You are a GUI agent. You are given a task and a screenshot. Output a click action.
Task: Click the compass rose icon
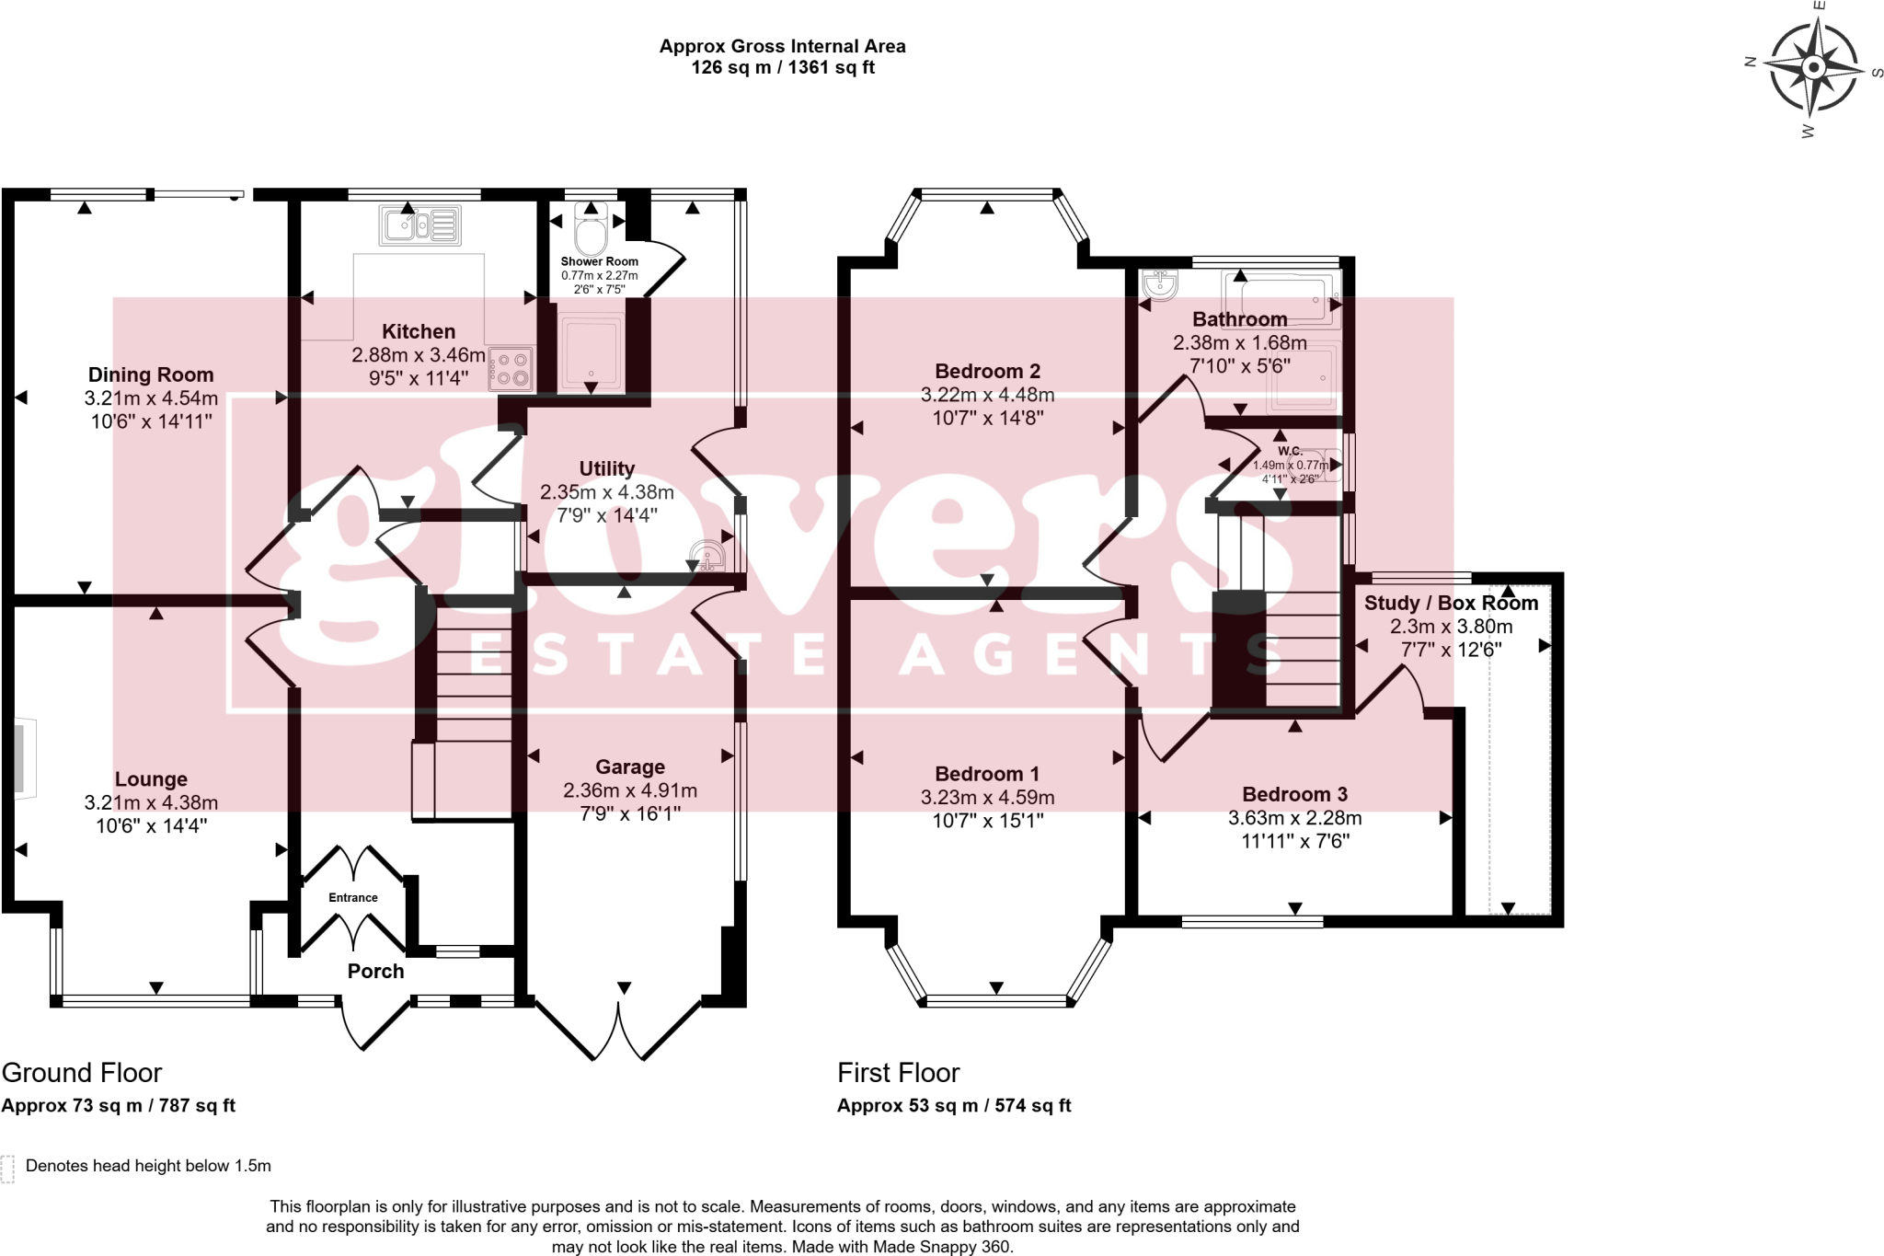[1813, 68]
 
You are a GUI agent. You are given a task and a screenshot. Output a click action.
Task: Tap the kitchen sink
[419, 225]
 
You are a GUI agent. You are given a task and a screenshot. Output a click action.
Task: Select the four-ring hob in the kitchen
[511, 368]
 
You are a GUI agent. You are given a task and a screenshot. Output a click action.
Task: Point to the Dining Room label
[151, 374]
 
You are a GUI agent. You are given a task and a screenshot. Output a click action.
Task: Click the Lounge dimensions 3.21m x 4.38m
[151, 802]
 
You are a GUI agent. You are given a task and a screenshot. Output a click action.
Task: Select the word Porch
[375, 971]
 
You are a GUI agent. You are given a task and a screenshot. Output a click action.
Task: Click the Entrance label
[353, 897]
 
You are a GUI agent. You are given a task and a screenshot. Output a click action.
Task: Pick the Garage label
[630, 766]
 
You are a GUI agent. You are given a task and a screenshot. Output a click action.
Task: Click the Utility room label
[607, 468]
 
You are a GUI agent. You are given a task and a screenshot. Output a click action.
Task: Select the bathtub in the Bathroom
[1281, 298]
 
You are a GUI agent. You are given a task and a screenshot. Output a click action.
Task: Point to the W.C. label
[1290, 451]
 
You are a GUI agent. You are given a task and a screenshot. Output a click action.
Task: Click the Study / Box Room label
[1451, 603]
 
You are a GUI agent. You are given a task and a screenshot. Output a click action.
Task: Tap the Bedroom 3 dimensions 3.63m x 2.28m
[1294, 817]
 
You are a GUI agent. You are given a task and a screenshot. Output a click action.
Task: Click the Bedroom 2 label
[987, 371]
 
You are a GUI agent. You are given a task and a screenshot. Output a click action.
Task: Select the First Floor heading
[898, 1073]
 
